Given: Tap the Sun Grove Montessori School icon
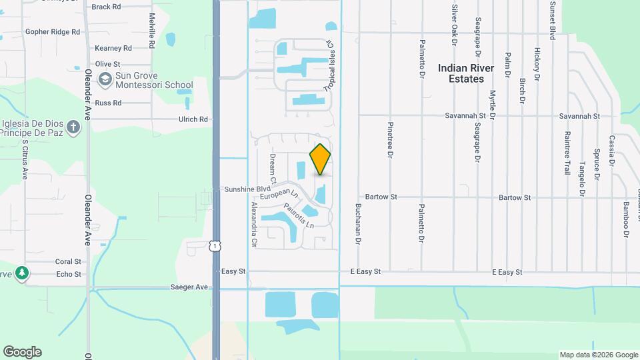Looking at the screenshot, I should tap(105, 80).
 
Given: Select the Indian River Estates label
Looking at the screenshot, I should tap(466, 73).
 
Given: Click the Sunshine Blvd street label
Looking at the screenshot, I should tap(243, 189).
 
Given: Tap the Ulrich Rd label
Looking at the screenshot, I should tap(193, 119).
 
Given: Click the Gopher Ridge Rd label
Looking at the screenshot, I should tap(52, 31).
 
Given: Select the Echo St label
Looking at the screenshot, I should tap(69, 274).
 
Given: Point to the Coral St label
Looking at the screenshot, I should tap(68, 262).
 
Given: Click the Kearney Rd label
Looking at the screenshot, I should tap(113, 48).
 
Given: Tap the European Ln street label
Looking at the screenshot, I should tap(279, 195).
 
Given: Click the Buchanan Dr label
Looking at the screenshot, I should tap(358, 224).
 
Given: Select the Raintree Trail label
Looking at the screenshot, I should tap(567, 153).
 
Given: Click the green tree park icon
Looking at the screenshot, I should tap(22, 273).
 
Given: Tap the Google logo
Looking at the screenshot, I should tap(22, 351).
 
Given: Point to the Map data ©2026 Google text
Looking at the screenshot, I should tap(598, 355).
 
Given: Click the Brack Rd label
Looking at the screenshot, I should tap(107, 7).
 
